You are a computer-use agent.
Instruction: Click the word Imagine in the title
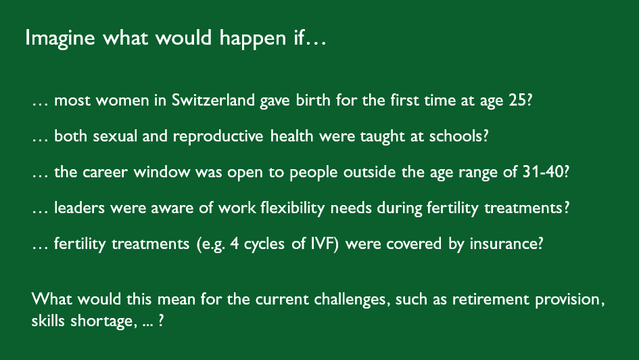click(x=60, y=39)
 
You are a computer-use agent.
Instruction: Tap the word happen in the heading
click(x=253, y=39)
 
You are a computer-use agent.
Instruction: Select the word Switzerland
click(x=213, y=100)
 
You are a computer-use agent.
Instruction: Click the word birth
click(x=313, y=100)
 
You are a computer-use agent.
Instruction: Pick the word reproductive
click(x=218, y=136)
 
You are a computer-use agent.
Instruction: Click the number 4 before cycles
click(x=235, y=244)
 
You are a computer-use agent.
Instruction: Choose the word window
click(x=162, y=172)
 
